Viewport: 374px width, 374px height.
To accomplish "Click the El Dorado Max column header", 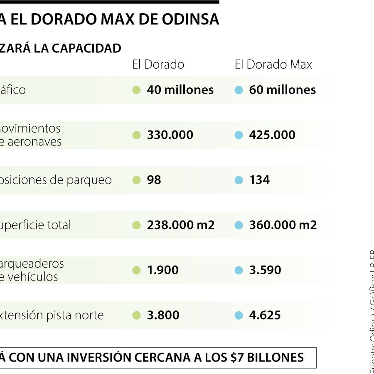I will point(273,64).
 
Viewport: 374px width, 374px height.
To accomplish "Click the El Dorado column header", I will point(158,64).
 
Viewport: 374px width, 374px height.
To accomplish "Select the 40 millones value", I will point(180,90).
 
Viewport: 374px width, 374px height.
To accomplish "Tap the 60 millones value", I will point(282,90).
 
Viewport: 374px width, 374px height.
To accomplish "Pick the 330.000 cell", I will point(170,135).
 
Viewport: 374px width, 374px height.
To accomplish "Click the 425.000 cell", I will point(272,135).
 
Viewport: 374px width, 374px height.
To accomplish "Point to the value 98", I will point(154,180).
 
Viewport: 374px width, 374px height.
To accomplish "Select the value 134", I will point(259,180).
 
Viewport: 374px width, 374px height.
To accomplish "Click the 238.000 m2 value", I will point(181,225).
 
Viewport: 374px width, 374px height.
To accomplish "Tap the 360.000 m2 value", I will point(283,225).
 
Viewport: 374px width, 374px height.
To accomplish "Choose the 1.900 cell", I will point(162,270).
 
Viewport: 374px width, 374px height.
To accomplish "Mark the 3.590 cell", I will point(265,270).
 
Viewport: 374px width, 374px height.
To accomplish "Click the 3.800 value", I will point(163,315).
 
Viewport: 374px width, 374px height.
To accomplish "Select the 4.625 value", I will point(265,315).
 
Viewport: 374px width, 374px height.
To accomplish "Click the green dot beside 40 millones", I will point(136,90).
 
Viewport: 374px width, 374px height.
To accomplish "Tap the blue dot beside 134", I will point(239,180).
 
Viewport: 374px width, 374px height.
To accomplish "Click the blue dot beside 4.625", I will point(239,315).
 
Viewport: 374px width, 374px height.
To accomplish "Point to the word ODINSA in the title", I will point(192,20).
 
